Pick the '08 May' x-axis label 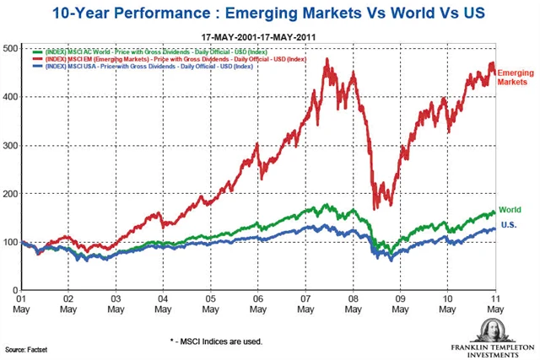(354, 304)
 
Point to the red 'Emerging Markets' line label (516, 79)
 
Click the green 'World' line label (510, 210)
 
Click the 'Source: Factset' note (26, 348)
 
